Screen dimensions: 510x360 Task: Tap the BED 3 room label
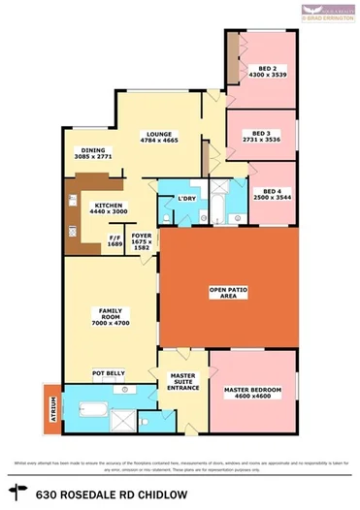[x=260, y=135]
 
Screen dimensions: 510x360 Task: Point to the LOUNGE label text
[x=158, y=138]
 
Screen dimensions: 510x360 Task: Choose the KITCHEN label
[x=108, y=207]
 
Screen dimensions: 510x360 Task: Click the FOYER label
[x=142, y=237]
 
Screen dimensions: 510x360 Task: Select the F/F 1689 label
[x=115, y=240]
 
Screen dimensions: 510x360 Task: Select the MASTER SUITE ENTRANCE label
[x=184, y=381]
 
